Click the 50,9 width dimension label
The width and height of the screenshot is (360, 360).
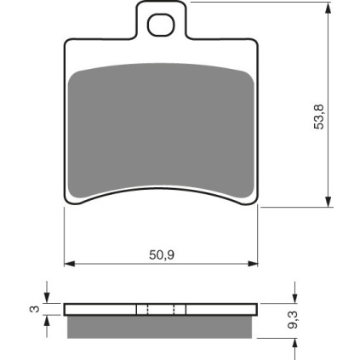(162, 255)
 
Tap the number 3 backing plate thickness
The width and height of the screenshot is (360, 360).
(35, 309)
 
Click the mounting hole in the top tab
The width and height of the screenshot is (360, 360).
(161, 25)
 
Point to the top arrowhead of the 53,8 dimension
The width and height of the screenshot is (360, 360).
(329, 8)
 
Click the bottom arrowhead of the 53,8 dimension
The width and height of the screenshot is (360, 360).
(329, 202)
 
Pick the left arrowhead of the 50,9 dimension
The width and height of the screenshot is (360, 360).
(70, 264)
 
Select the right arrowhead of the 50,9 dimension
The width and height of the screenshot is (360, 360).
(253, 264)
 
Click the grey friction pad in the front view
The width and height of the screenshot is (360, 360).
(161, 129)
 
